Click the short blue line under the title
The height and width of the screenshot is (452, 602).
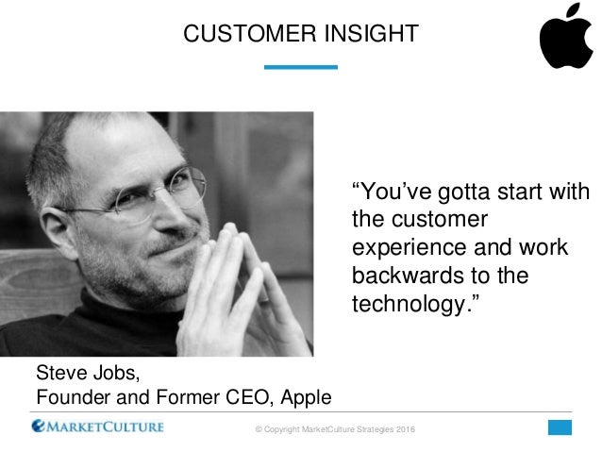point(301,67)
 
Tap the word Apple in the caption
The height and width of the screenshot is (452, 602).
point(305,395)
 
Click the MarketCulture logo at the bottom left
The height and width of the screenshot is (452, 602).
point(97,427)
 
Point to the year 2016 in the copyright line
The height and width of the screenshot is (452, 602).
point(404,430)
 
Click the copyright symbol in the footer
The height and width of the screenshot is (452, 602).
point(259,430)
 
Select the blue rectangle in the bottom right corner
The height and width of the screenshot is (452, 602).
point(560,427)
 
